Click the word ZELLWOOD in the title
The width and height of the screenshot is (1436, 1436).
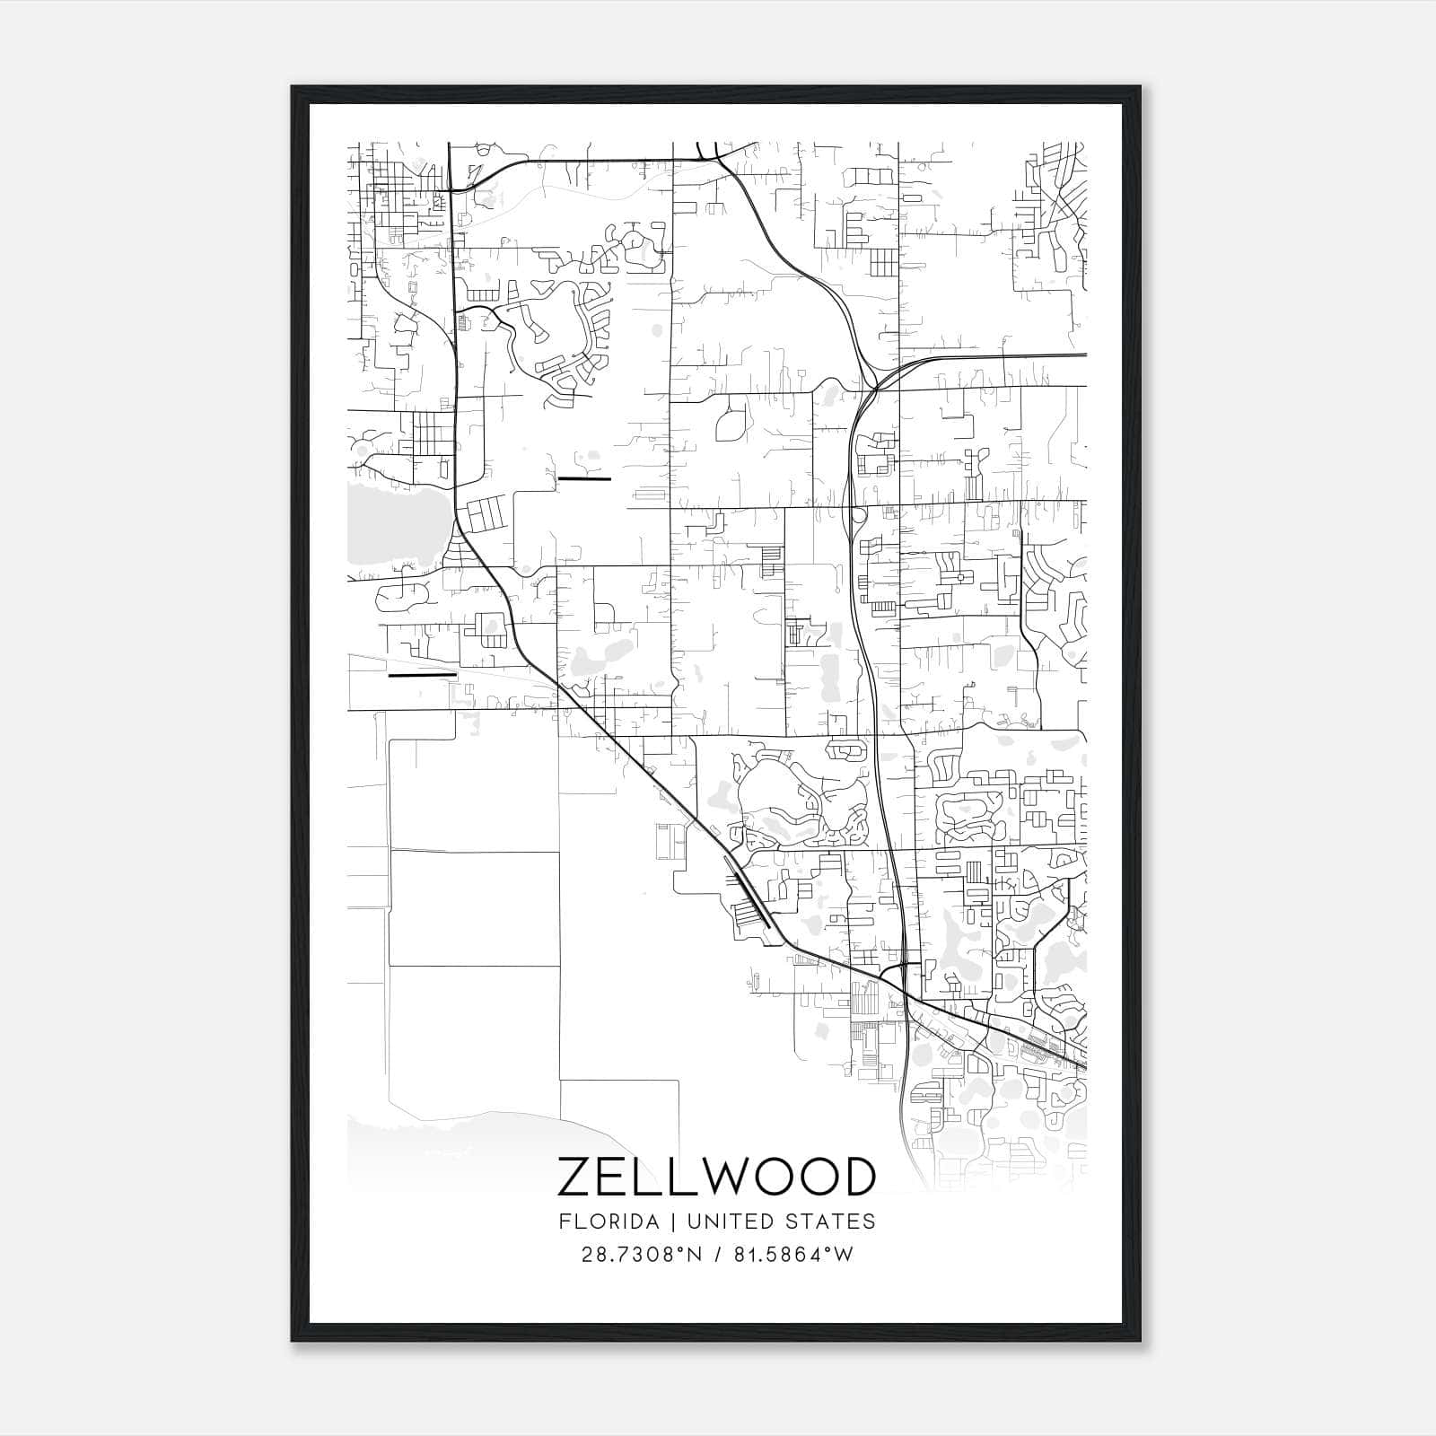tap(716, 1177)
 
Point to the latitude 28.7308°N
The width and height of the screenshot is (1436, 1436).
tap(642, 1255)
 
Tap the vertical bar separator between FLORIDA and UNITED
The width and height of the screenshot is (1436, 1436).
tap(660, 1221)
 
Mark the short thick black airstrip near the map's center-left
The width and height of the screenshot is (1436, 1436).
tap(584, 478)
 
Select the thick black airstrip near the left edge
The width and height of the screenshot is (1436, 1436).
tap(422, 674)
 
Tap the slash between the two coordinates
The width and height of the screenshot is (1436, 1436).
tap(717, 1255)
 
